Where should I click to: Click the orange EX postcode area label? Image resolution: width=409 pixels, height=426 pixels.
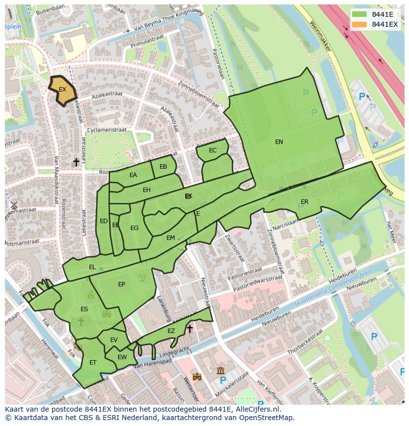point(62,90)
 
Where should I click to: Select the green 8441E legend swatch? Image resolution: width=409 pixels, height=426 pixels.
point(360,14)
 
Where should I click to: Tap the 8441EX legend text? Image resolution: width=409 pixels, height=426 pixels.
point(385,24)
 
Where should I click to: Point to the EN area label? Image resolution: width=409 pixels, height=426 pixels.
point(279,142)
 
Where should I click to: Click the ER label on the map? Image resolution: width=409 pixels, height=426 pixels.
point(304,202)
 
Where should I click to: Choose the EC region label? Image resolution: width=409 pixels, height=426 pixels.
point(212,150)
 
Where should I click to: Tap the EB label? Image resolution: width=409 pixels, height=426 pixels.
point(163,167)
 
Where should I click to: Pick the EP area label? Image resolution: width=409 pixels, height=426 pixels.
point(122,284)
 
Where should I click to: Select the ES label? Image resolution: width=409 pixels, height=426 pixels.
point(84,309)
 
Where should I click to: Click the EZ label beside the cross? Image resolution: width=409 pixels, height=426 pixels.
point(171,331)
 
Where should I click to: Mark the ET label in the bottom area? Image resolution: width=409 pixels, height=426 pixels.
point(93,363)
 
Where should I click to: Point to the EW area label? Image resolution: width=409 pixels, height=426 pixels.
point(122,357)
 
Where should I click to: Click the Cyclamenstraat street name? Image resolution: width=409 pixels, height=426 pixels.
point(107,130)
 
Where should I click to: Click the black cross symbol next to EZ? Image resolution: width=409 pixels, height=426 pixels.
point(189,329)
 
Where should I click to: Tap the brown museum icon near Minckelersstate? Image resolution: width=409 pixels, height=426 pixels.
point(220,371)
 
